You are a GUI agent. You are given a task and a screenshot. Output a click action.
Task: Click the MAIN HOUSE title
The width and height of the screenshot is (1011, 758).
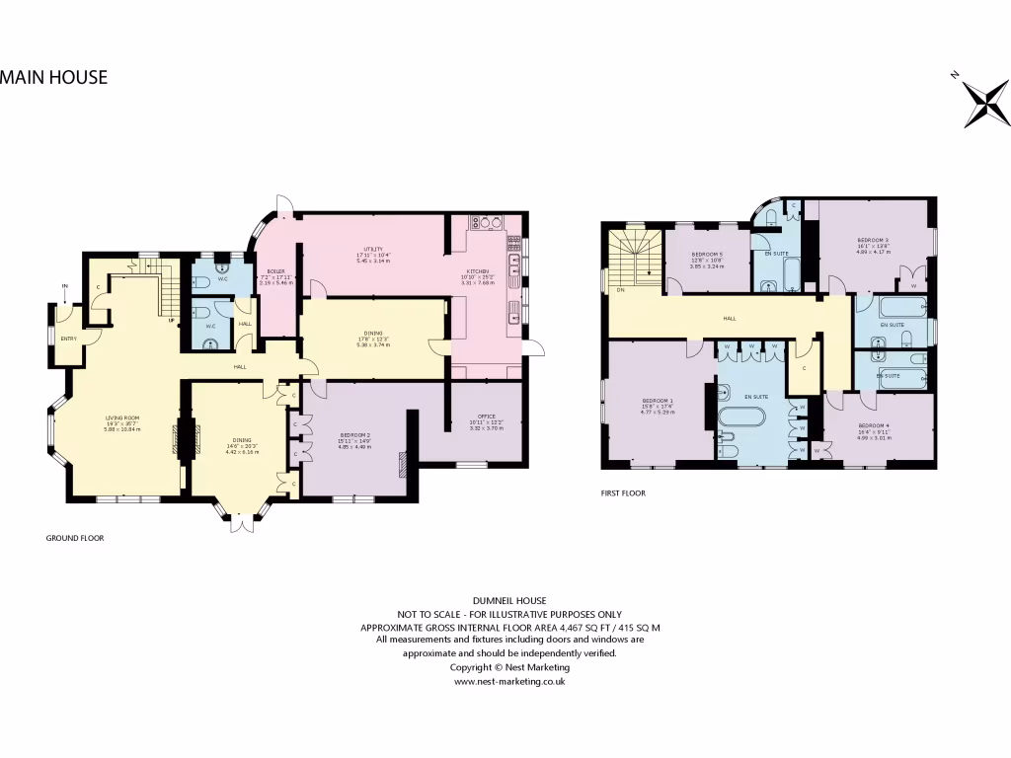coord(53,77)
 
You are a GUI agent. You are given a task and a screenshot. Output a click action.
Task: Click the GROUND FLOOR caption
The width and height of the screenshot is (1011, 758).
coord(75,538)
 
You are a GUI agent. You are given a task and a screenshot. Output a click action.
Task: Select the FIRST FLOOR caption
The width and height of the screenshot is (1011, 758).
coord(623,493)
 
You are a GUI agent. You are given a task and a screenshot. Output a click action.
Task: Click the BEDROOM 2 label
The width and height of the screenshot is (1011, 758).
coord(354,435)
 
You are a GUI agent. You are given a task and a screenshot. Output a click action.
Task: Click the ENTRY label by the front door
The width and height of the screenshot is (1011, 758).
coord(68,339)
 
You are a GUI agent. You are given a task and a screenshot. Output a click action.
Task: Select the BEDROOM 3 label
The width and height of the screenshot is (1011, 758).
coord(874,241)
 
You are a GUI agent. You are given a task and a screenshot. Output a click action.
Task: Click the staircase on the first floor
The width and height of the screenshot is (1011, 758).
coord(635,257)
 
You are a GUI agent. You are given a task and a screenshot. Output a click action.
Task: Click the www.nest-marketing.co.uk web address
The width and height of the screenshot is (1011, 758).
coord(508,681)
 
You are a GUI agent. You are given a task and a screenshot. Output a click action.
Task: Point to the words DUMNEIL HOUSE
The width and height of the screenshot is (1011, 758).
coord(508,600)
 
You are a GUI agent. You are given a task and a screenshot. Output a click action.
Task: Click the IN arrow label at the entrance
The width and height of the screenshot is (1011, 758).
coord(64,287)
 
